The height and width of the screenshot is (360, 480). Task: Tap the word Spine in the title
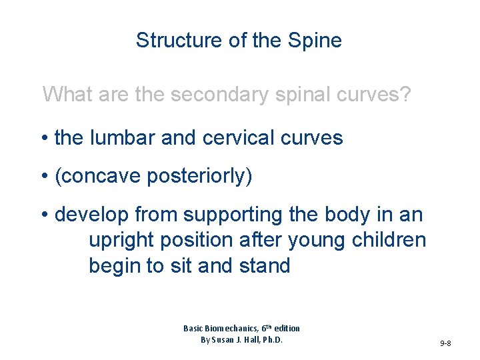315,41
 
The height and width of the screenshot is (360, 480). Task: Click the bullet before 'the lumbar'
45,139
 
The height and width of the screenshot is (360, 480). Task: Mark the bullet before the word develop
45,215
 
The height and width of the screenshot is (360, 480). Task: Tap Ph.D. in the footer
269,340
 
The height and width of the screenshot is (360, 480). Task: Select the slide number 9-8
445,343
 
